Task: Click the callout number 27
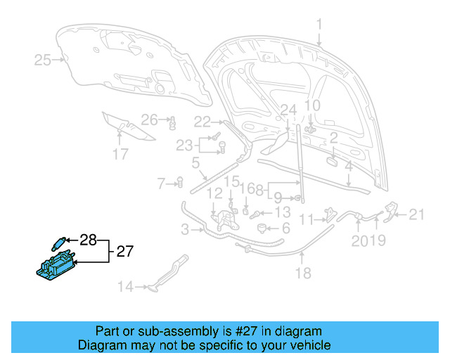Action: click(124, 251)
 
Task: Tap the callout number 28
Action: click(88, 240)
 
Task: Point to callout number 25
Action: click(43, 60)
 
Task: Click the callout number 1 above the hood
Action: click(319, 25)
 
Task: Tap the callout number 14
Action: click(125, 286)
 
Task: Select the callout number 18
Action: click(303, 274)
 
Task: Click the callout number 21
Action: click(418, 214)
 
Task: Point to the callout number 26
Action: click(149, 119)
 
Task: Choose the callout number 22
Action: click(202, 121)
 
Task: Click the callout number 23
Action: click(184, 146)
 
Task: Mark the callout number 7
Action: click(161, 184)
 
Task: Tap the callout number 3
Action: click(184, 229)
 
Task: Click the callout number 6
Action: click(285, 229)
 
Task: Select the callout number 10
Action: click(311, 106)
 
